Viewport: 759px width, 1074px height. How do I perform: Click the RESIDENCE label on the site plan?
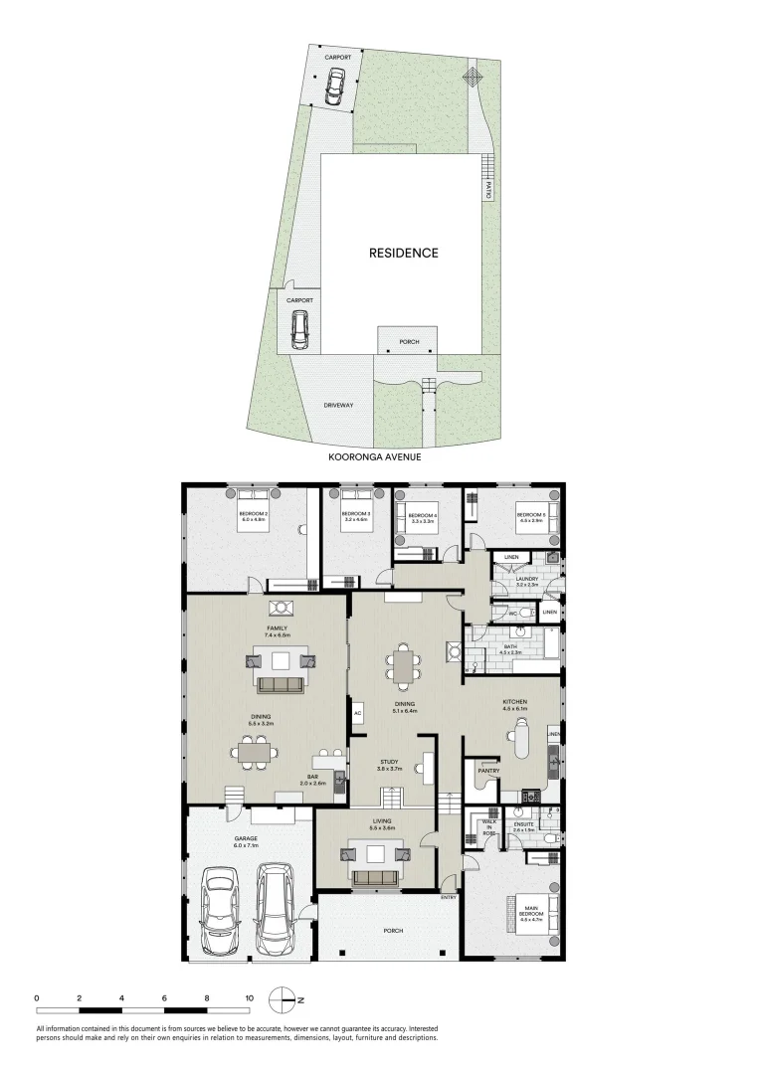(403, 253)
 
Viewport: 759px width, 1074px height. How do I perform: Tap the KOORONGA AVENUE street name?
(376, 458)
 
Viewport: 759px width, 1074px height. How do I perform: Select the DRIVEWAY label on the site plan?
(339, 405)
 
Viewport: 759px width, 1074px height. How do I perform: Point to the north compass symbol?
(287, 998)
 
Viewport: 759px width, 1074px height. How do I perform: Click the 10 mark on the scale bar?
(250, 997)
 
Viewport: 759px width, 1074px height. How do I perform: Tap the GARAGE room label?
(246, 839)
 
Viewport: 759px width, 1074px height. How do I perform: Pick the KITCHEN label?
(514, 701)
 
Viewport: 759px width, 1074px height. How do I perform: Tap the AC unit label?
(356, 712)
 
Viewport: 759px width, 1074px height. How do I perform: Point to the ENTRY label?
(449, 898)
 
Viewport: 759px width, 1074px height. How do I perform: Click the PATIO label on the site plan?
(488, 189)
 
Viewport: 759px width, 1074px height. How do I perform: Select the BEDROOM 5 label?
(527, 516)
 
